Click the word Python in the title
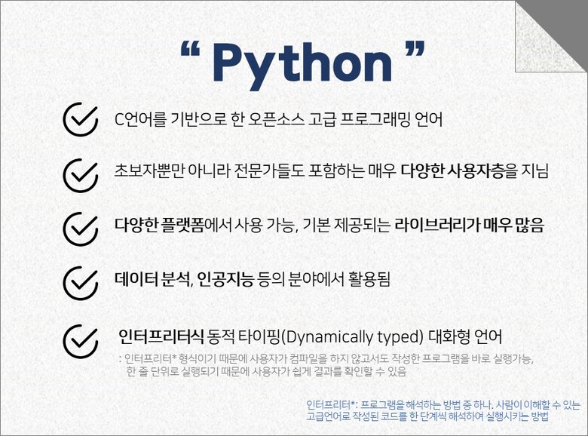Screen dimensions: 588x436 click(x=302, y=65)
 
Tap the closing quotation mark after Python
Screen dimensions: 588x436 click(x=415, y=48)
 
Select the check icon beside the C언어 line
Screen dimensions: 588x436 click(x=81, y=119)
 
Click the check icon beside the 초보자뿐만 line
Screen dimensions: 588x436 click(x=81, y=175)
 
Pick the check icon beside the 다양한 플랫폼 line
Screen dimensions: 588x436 click(x=81, y=229)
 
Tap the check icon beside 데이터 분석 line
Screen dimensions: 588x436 click(x=81, y=284)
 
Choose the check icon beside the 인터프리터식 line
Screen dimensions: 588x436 click(x=81, y=341)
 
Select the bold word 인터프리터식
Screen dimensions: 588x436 click(x=161, y=336)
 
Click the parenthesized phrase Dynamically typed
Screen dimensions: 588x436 click(x=352, y=337)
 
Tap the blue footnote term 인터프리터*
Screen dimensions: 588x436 click(x=331, y=405)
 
